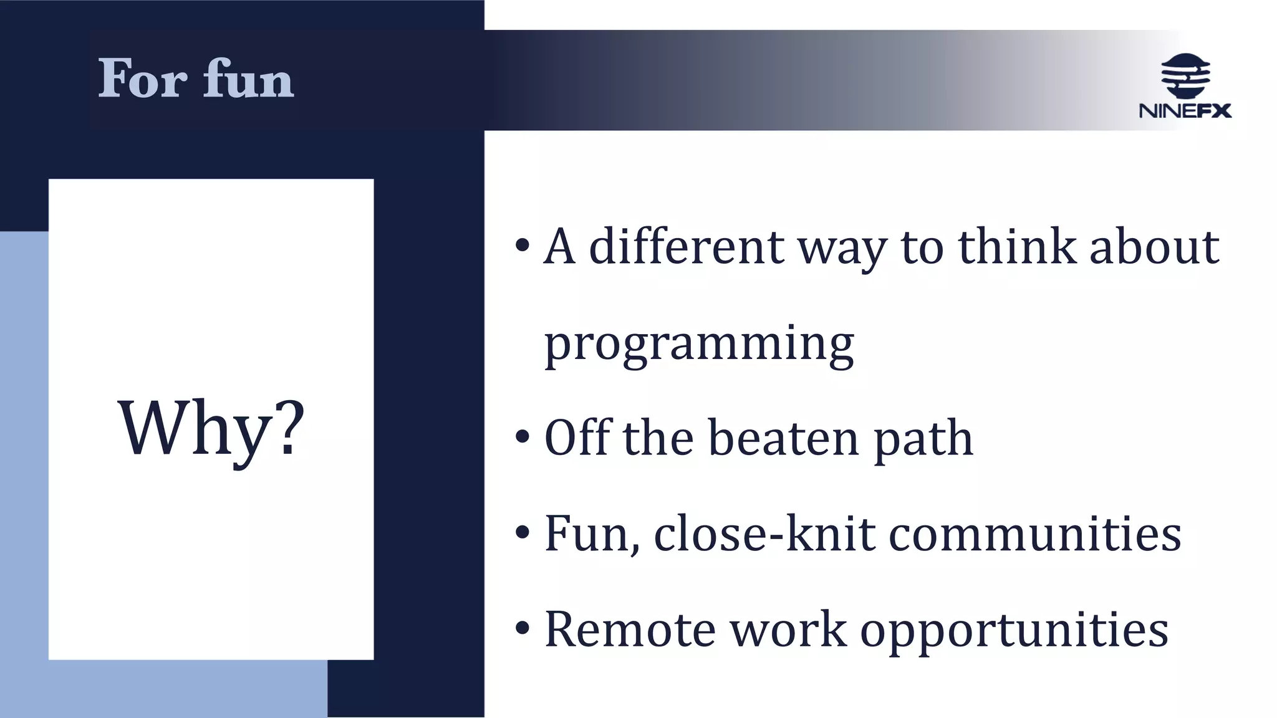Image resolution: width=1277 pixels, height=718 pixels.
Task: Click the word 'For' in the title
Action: [143, 79]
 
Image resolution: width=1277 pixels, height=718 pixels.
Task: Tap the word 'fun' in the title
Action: [248, 79]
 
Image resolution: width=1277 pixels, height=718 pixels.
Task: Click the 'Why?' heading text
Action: [211, 429]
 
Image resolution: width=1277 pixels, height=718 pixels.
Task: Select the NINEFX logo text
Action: [1185, 111]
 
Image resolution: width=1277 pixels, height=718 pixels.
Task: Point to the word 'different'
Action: [686, 247]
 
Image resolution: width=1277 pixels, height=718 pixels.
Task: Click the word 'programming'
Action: [699, 345]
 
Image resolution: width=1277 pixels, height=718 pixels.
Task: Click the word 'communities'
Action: [1034, 534]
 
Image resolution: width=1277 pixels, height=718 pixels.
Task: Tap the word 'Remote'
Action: [630, 629]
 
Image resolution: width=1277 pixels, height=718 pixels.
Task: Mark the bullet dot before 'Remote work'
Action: [523, 628]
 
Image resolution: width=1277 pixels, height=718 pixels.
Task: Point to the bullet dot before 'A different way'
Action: [523, 246]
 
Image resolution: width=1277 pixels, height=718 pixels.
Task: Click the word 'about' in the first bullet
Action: [1154, 247]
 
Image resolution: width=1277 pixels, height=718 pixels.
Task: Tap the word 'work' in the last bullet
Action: [788, 629]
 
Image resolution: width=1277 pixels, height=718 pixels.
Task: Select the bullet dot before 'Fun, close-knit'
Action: [523, 533]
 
